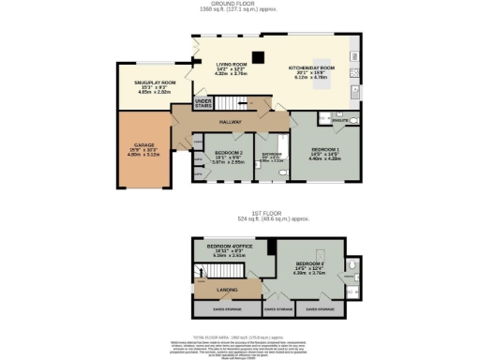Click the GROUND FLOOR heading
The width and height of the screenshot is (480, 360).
pyautogui.click(x=240, y=4)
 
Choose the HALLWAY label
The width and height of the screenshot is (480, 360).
pyautogui.click(x=230, y=122)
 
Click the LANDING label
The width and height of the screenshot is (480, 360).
pyautogui.click(x=228, y=290)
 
